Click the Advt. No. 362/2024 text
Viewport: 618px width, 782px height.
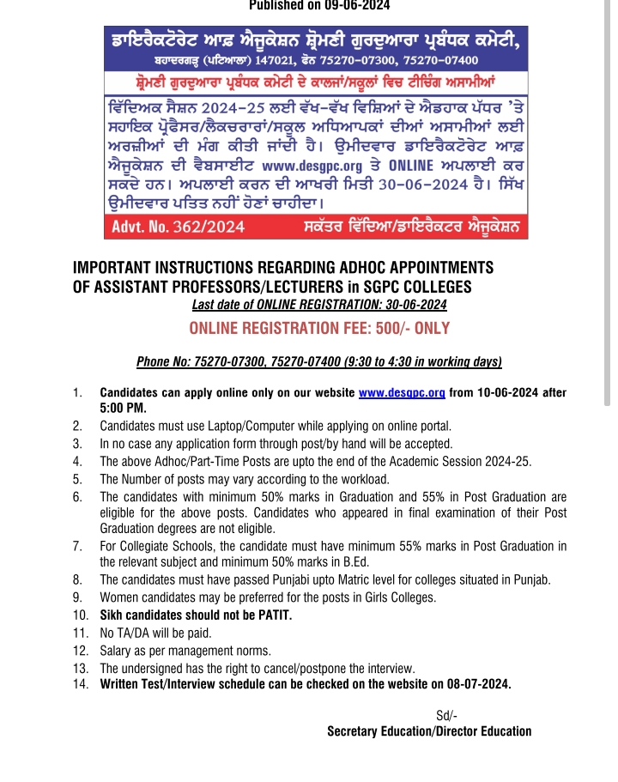(x=178, y=227)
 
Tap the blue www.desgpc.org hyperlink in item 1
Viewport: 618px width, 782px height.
(x=401, y=393)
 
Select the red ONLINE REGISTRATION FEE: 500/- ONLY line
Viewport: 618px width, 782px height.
(x=319, y=329)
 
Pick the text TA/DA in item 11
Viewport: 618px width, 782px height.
(x=133, y=632)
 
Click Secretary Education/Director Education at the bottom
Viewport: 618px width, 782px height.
(x=429, y=731)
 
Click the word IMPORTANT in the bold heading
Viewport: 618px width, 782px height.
(x=117, y=267)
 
